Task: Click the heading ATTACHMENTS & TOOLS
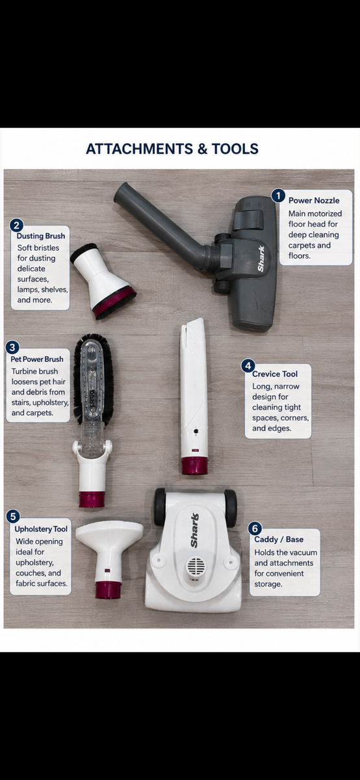[172, 149]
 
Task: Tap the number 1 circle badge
[278, 196]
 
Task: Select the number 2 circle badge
[16, 226]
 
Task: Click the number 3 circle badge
[12, 348]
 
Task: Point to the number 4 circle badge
[248, 366]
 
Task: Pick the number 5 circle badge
[13, 516]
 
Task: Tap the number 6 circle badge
[255, 528]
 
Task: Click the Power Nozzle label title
[314, 201]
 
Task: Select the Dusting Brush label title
[41, 236]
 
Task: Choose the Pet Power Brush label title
[37, 359]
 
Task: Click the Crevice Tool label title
[275, 374]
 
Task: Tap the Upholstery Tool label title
[41, 529]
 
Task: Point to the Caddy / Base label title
[279, 539]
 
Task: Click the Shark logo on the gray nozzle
[261, 259]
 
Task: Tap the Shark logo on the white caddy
[194, 530]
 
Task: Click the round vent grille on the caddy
[196, 567]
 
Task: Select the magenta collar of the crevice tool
[194, 466]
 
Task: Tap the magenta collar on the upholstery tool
[108, 590]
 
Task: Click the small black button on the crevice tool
[196, 432]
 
